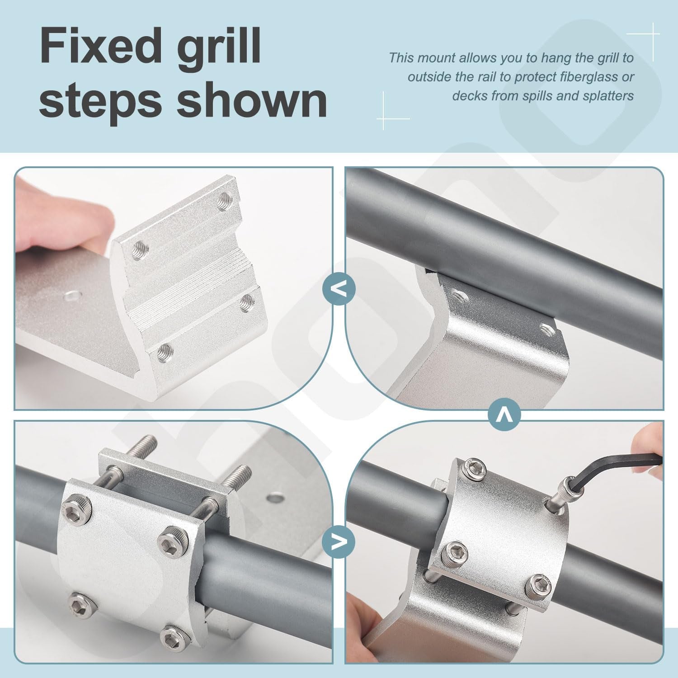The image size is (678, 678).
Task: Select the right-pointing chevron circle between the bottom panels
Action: pos(339,541)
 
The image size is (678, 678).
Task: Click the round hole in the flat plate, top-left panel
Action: pos(71,297)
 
